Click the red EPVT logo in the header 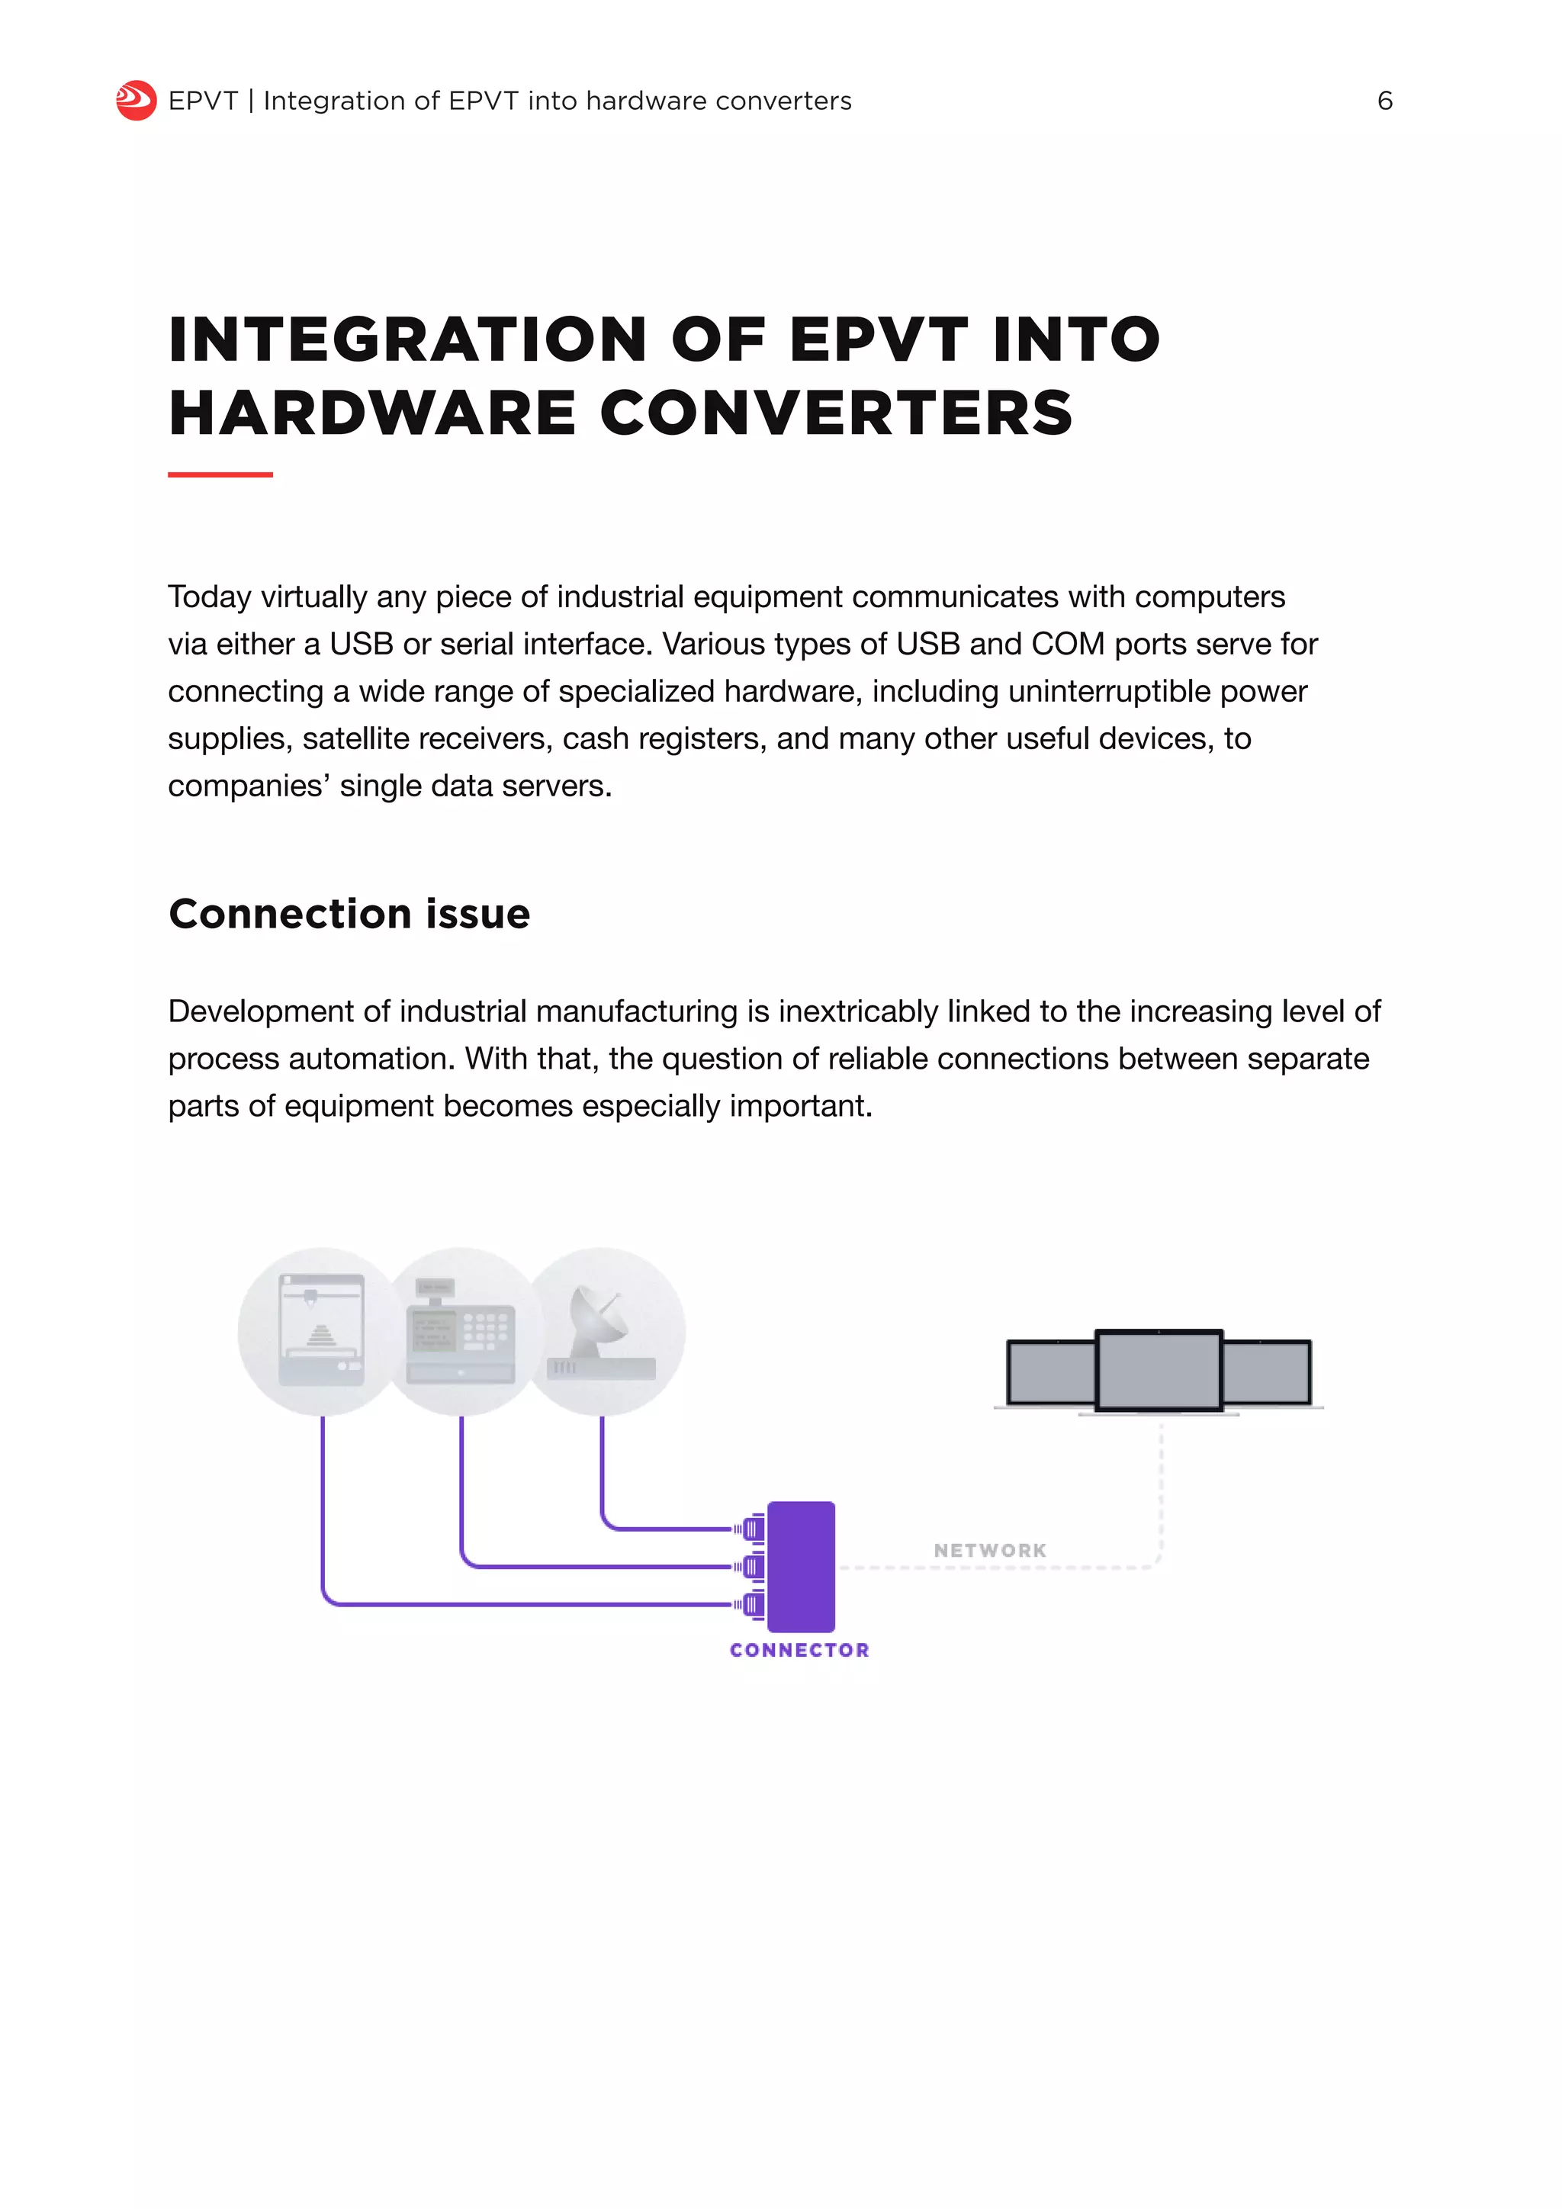[x=136, y=100]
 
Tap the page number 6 [x=1384, y=101]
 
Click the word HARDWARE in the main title [x=371, y=413]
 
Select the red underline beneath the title [x=220, y=474]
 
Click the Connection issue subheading [x=349, y=914]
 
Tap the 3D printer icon [x=321, y=1332]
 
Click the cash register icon [x=461, y=1332]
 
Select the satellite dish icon [x=601, y=1332]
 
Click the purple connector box [x=801, y=1566]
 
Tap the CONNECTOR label [x=799, y=1650]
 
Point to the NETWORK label [x=990, y=1551]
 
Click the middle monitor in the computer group [x=1159, y=1370]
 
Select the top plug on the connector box [x=751, y=1529]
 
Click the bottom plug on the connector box [x=751, y=1605]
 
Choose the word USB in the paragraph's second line [x=362, y=644]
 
